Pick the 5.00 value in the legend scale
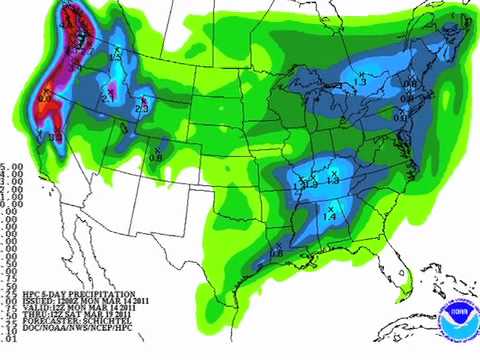(10, 167)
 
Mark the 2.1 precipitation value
(106, 97)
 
